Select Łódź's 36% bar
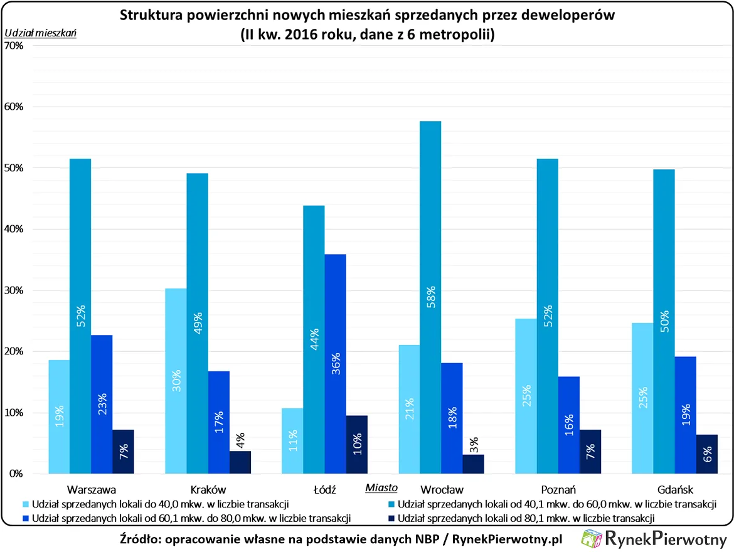[335, 364]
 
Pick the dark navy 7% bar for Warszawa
[124, 452]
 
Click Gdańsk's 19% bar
[686, 415]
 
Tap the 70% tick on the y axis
[13, 46]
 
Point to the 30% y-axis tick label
[13, 290]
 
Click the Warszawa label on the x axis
[91, 489]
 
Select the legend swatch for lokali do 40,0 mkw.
[25, 504]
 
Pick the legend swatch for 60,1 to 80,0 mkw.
[25, 518]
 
